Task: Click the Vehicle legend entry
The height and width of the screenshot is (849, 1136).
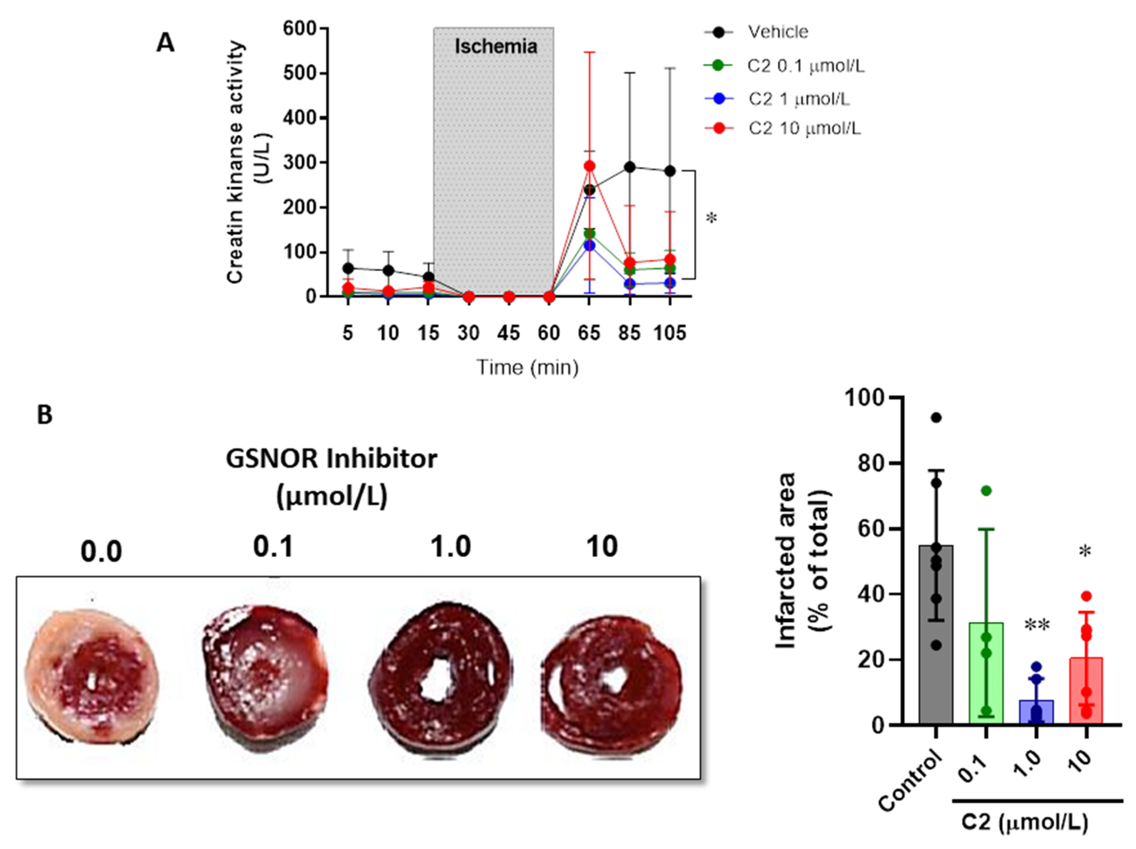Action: click(x=778, y=32)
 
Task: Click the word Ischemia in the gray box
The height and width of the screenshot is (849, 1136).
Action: click(x=496, y=47)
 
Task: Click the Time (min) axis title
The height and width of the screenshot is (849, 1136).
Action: click(x=527, y=367)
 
